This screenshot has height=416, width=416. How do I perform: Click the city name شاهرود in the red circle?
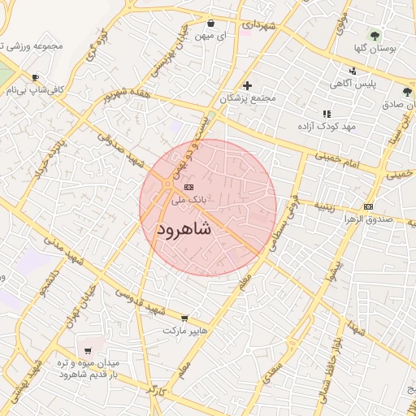coord(184,229)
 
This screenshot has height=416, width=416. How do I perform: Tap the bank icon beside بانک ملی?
coord(178,186)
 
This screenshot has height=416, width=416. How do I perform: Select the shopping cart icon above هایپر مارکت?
coord(184,318)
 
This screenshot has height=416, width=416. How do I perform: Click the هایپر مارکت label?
coord(185,331)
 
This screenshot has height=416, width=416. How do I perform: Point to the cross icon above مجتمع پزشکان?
coord(248,85)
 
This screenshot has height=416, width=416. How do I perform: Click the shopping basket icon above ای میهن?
coord(211,24)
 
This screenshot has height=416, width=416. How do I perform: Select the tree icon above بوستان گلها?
coord(375,36)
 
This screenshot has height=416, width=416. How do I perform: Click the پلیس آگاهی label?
coord(357,83)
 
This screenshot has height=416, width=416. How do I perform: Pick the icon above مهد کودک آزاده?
coord(327,115)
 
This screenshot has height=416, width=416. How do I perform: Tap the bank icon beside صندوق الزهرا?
coord(369,206)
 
